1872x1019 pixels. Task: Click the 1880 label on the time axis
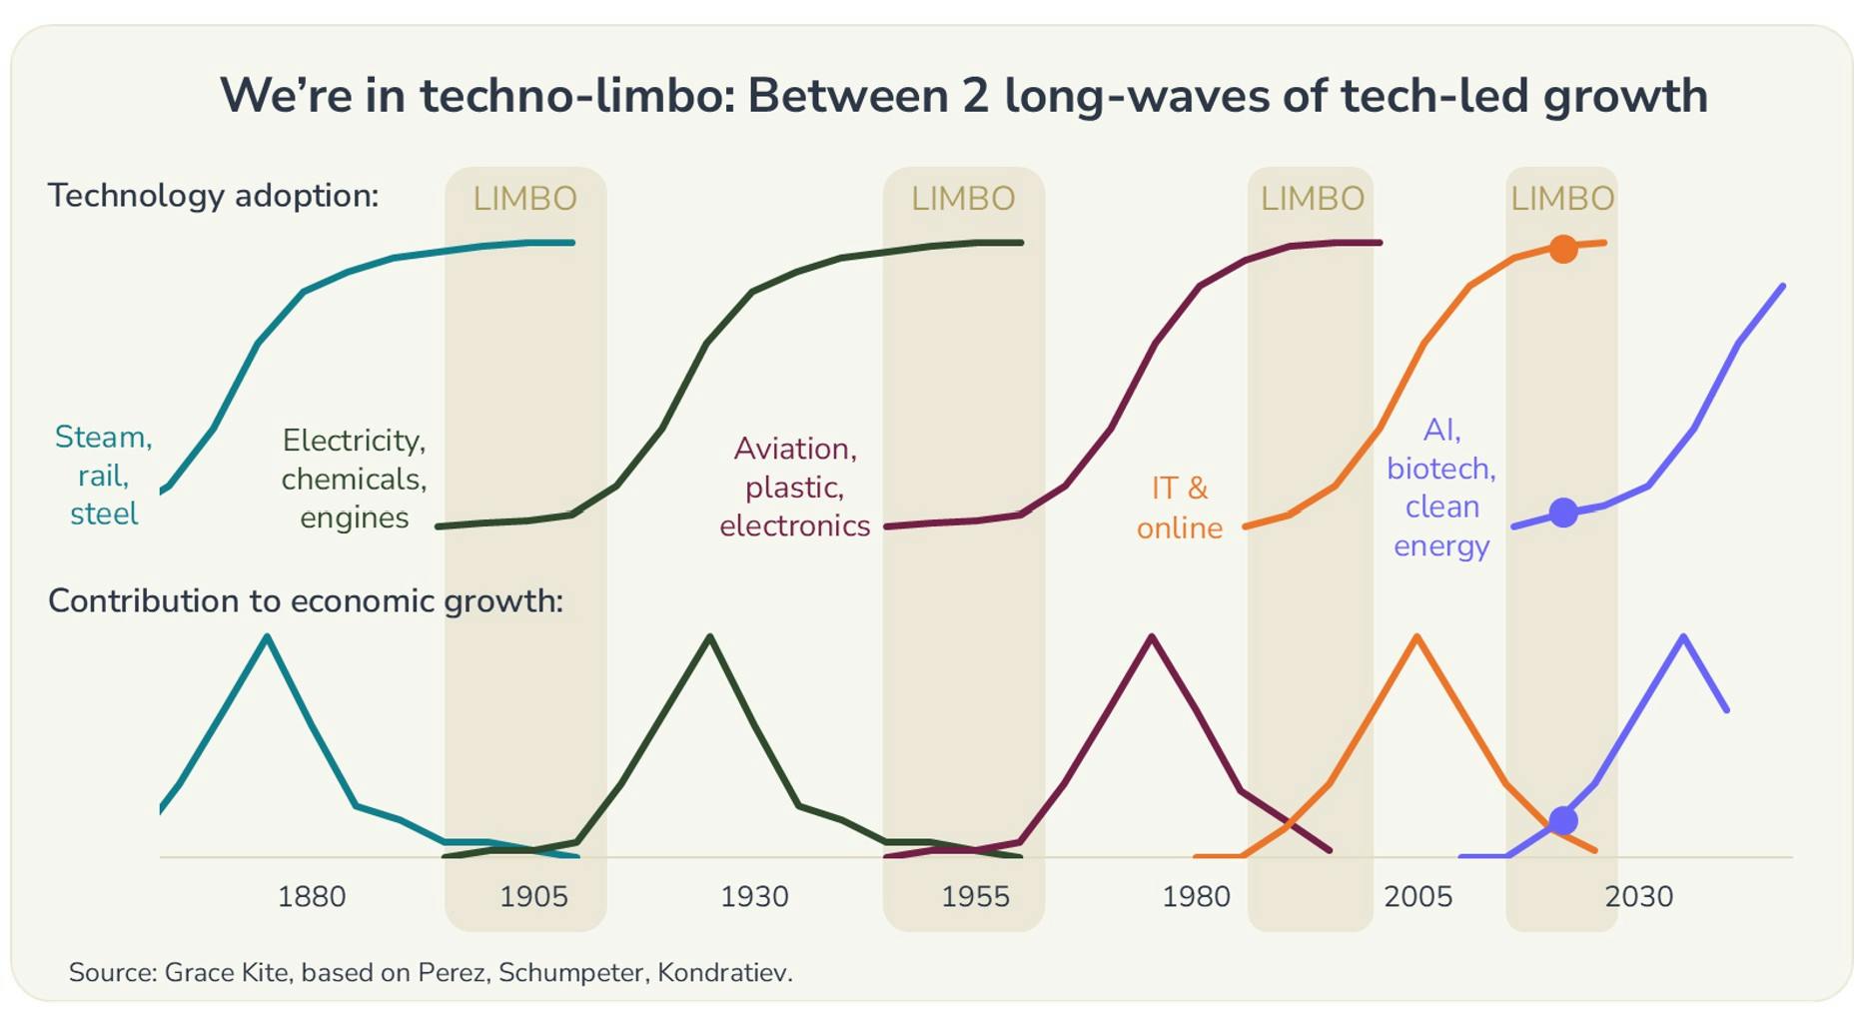tap(312, 896)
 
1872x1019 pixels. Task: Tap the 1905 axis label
tap(533, 896)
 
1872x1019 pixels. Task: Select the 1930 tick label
tap(754, 896)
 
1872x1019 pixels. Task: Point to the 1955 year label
tap(975, 896)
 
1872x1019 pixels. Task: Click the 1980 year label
tap(1196, 896)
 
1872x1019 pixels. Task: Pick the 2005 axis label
tap(1417, 896)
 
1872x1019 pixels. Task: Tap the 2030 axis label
tap(1638, 896)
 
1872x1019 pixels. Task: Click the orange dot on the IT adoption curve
tap(1563, 249)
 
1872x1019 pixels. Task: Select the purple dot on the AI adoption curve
tap(1563, 512)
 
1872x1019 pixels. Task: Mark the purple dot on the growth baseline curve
tap(1563, 821)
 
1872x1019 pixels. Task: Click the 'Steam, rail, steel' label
tap(104, 476)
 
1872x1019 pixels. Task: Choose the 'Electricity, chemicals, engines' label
tap(355, 479)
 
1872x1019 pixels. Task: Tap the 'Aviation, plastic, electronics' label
tap(795, 487)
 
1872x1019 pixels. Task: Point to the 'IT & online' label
tap(1180, 508)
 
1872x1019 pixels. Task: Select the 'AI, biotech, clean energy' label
tap(1441, 488)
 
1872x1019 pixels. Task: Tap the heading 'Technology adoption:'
tap(213, 195)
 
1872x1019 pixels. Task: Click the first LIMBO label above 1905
tap(524, 199)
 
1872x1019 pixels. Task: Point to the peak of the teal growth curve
tap(267, 636)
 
